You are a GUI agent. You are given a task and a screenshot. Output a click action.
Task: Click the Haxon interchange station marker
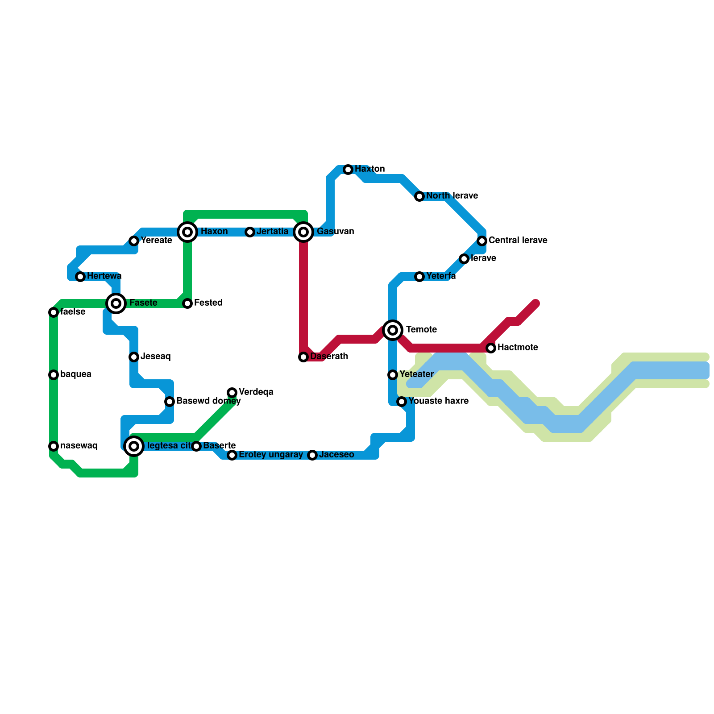click(x=187, y=232)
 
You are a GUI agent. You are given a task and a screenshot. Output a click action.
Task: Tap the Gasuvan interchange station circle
click(x=303, y=232)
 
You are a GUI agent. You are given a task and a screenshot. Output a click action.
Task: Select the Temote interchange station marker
click(x=393, y=330)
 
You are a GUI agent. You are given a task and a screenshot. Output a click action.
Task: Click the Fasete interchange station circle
click(x=116, y=303)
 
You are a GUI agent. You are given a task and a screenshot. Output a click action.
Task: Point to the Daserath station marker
click(x=303, y=357)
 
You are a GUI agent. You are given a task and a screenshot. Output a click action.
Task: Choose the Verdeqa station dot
click(x=232, y=393)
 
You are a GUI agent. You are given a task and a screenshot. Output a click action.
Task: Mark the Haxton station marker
click(x=348, y=170)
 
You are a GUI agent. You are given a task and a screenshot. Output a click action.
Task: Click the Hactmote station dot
click(x=491, y=348)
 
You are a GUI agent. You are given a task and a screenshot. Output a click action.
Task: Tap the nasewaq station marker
click(x=54, y=446)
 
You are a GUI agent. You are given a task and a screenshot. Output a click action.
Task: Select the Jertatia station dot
click(x=250, y=232)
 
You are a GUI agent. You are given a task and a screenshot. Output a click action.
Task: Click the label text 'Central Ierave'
click(x=518, y=241)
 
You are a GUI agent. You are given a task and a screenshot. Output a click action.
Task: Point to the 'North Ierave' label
click(x=452, y=196)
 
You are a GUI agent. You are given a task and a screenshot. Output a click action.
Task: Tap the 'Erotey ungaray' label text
click(x=270, y=455)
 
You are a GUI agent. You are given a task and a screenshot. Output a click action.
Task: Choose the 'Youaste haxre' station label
click(x=438, y=401)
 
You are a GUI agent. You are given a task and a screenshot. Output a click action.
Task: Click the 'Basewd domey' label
click(x=208, y=401)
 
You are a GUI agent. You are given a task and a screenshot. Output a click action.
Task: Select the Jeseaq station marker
click(x=134, y=357)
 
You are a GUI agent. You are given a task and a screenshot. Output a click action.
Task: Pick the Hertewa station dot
click(x=80, y=277)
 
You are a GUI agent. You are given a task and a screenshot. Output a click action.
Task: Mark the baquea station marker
click(x=54, y=375)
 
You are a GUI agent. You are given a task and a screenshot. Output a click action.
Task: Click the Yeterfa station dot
click(x=419, y=277)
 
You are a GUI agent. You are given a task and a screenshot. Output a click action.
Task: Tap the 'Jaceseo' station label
click(x=336, y=455)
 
